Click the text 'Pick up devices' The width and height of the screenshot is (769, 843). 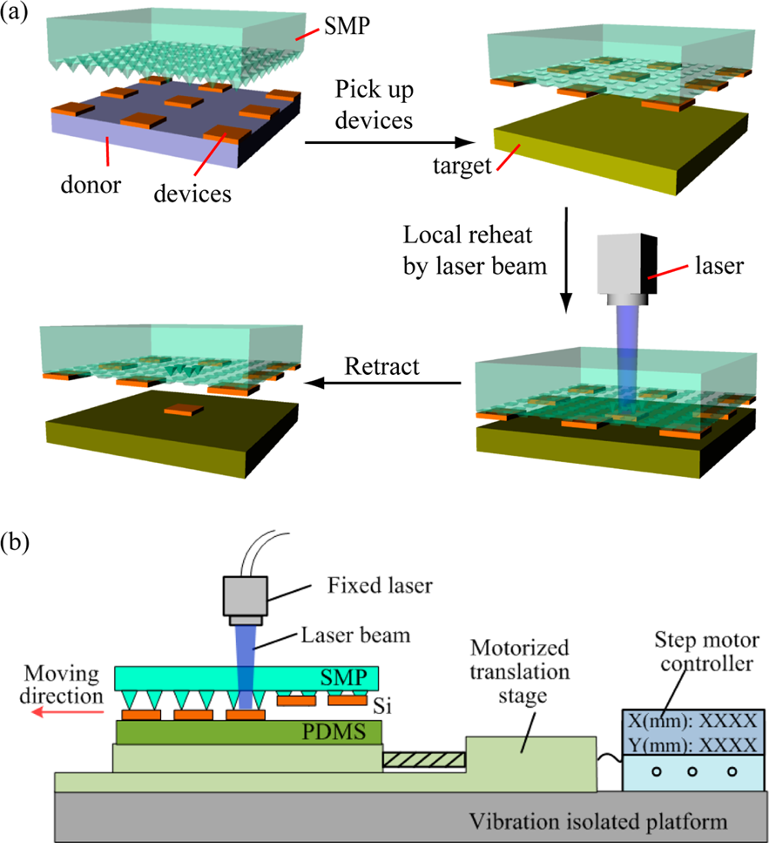(x=374, y=104)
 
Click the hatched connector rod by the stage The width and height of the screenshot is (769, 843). (x=424, y=760)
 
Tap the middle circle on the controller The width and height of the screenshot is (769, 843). (x=694, y=771)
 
